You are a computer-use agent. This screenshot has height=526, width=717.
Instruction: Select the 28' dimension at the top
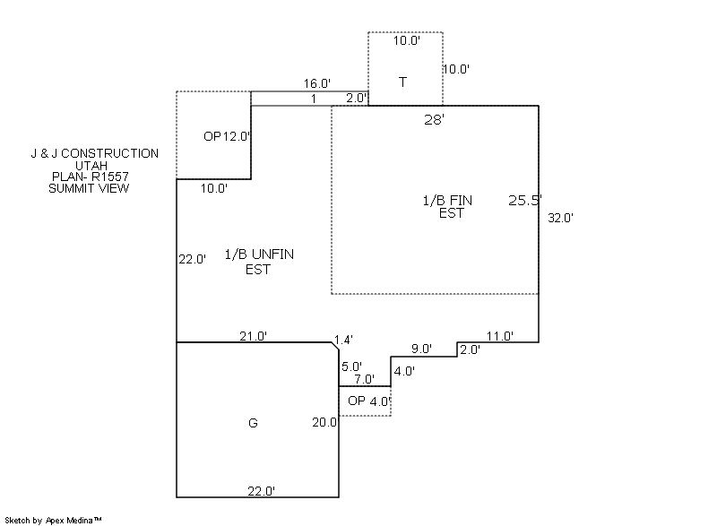pos(435,118)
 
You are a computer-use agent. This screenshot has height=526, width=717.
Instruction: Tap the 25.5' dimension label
pos(524,200)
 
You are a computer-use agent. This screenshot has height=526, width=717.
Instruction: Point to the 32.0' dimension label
pos(559,217)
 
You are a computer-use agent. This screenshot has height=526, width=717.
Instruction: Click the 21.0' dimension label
pos(253,335)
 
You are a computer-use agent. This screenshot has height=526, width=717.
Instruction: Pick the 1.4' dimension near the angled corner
pos(343,340)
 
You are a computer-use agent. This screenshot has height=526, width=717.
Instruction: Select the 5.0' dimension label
pos(352,366)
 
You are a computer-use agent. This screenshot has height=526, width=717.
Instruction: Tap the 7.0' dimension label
pos(364,379)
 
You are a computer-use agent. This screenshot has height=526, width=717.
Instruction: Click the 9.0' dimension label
pos(421,349)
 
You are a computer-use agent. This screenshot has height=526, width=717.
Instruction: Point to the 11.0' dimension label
pos(499,336)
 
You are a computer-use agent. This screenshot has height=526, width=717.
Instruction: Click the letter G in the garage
pos(253,423)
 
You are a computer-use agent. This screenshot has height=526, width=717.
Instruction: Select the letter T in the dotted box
pos(402,82)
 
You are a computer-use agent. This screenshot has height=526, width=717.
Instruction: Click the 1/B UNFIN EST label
pos(258,261)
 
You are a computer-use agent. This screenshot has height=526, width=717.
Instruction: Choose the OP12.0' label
pos(227,136)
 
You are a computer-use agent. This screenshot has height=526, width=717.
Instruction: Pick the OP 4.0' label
pos(369,401)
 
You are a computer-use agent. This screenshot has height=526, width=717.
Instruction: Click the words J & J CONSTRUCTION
pos(94,153)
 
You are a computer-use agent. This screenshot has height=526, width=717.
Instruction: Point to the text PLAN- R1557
pos(89,177)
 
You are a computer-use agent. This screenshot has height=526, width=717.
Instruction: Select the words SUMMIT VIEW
pos(89,188)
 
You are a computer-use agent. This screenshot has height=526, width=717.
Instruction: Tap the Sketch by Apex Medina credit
pos(54,520)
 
